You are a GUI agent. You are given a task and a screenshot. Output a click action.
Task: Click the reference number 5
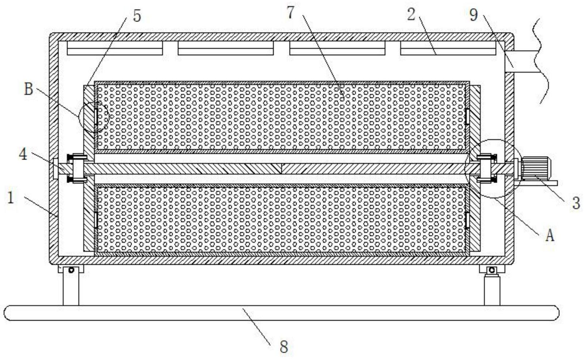[137, 16]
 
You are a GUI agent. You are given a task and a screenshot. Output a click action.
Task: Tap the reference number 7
[290, 13]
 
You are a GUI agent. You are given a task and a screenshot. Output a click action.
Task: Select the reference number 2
[412, 15]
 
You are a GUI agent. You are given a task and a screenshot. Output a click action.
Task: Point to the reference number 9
[473, 15]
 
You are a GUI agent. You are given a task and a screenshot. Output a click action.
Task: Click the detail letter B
[28, 89]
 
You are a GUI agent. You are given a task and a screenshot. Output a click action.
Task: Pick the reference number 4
[23, 154]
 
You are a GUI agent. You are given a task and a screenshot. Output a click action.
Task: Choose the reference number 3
[576, 203]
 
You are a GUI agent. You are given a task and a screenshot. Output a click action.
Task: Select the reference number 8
[284, 346]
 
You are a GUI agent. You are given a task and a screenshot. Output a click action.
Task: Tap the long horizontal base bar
[281, 313]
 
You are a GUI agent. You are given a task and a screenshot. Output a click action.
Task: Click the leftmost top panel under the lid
[115, 48]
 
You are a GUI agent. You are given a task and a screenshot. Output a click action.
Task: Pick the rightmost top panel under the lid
[448, 48]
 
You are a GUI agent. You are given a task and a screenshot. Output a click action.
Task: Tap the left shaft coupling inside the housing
[77, 168]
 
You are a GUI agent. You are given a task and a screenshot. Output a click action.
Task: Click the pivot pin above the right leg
[492, 270]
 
